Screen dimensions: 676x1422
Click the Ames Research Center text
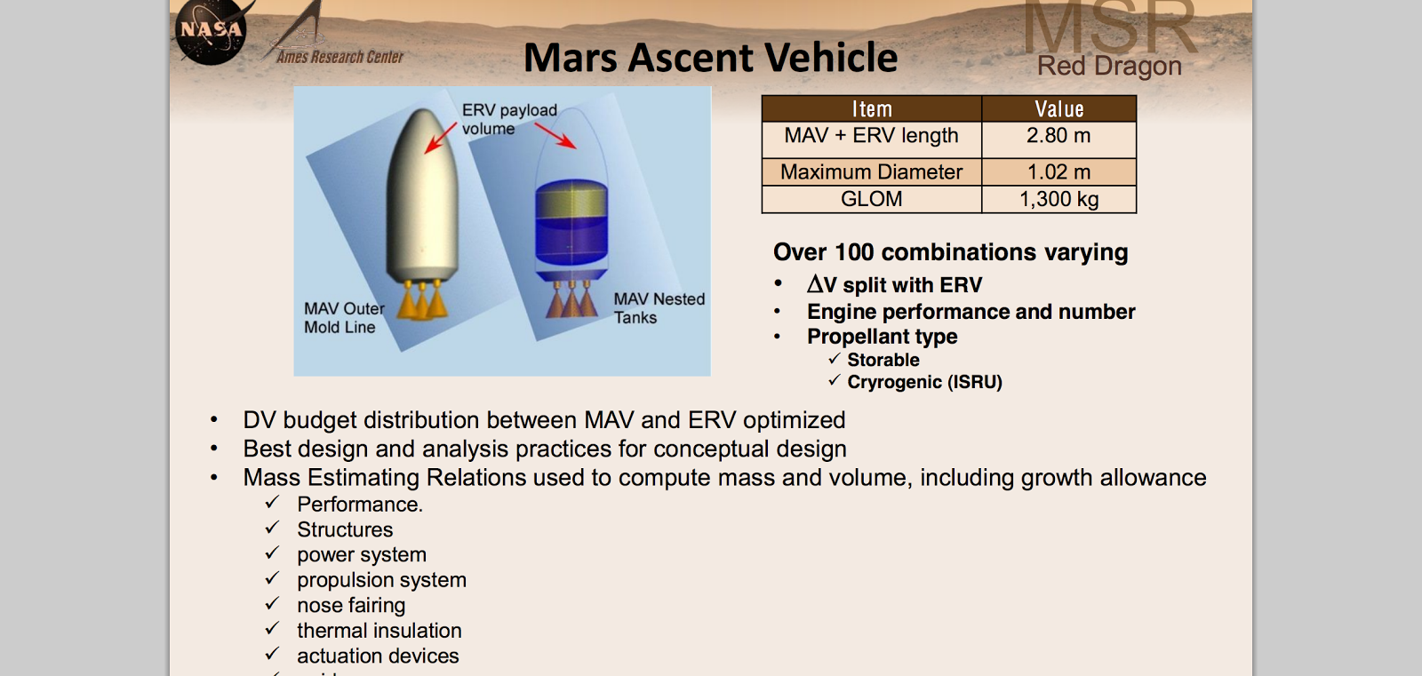point(340,57)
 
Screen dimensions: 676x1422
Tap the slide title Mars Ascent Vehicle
point(710,58)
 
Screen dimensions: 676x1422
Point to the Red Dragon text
point(1108,67)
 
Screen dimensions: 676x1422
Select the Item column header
point(871,109)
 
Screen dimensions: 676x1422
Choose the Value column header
point(1059,109)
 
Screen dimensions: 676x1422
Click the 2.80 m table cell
point(1058,136)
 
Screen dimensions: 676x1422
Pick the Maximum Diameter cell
point(871,172)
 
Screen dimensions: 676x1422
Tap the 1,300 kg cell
point(1058,199)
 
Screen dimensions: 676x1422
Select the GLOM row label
point(871,199)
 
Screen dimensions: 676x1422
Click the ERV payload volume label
point(508,119)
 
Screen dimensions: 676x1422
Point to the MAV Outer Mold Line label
point(343,318)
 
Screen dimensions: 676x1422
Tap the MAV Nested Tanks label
point(658,308)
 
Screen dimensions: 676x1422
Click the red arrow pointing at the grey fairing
point(440,139)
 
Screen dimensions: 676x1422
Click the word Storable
point(883,360)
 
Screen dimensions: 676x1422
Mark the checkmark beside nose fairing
point(272,604)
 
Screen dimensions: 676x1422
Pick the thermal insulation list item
point(379,631)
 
